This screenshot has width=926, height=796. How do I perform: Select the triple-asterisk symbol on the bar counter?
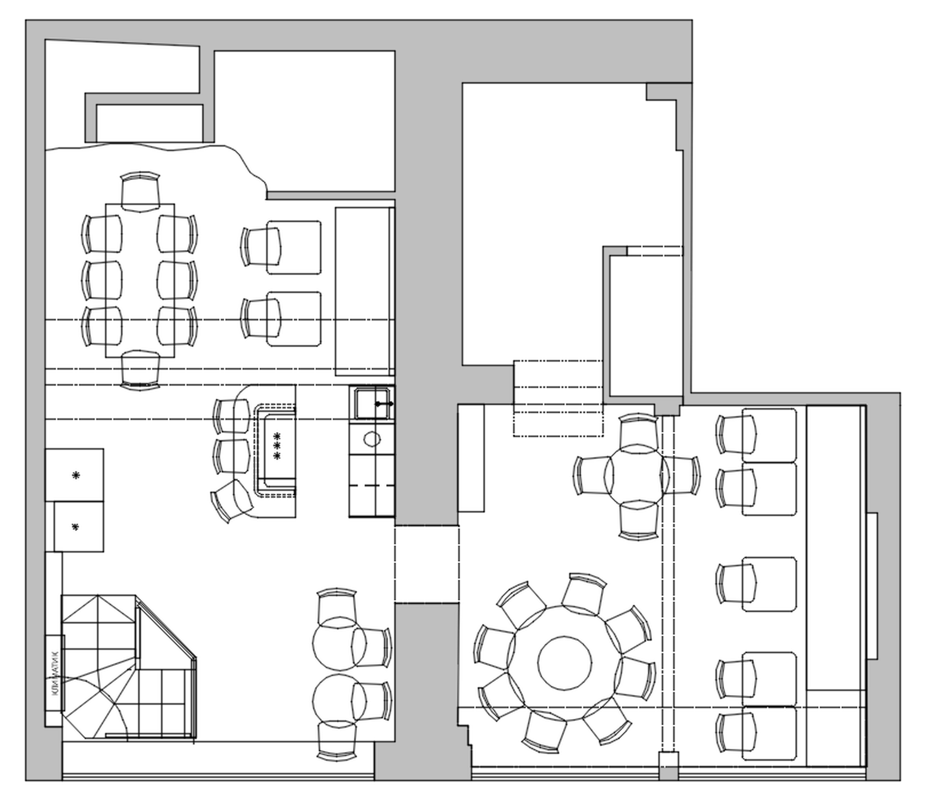[277, 446]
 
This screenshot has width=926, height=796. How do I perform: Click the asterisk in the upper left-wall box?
[76, 475]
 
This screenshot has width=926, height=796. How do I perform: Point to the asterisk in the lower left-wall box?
[75, 527]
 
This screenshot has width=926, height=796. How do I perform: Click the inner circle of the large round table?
[564, 662]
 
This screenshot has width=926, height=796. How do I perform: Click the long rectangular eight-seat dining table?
[140, 281]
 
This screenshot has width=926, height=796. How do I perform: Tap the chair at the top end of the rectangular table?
[140, 192]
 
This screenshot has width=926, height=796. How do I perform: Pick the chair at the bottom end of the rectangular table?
[140, 370]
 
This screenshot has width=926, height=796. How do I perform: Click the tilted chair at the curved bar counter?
[231, 501]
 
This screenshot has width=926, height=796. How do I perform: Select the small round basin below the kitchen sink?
[372, 438]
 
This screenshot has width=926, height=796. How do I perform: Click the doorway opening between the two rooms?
[427, 564]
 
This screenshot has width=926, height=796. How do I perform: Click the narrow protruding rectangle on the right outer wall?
[872, 586]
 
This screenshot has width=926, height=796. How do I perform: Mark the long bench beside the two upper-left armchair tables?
[364, 292]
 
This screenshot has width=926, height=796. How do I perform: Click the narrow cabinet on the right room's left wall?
[471, 458]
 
